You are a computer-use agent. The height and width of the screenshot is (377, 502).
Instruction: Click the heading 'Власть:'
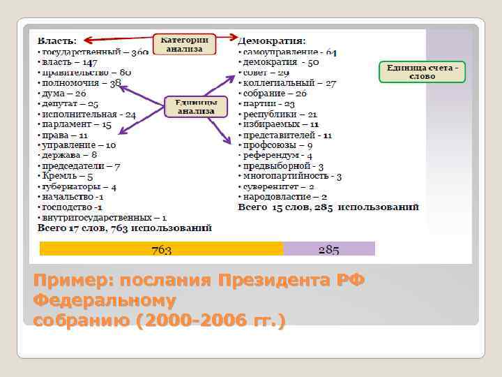coord(57,41)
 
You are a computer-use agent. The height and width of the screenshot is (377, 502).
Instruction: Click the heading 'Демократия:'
coord(272,41)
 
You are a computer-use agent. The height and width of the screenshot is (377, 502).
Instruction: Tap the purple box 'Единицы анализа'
coord(196,106)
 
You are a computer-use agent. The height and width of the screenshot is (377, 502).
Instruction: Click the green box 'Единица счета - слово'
coord(422,72)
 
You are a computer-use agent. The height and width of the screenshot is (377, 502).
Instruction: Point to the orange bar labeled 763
coord(162,249)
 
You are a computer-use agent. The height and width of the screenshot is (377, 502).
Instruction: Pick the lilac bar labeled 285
coord(329,249)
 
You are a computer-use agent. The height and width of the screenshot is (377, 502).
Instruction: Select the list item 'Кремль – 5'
coord(66,177)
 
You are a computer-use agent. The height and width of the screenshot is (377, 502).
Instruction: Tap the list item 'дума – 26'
coord(63,93)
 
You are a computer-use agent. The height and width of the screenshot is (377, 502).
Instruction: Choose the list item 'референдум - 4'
coord(276,156)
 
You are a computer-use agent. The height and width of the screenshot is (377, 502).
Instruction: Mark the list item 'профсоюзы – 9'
coord(276,145)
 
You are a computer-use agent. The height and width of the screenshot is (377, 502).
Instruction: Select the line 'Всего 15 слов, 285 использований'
coord(328,207)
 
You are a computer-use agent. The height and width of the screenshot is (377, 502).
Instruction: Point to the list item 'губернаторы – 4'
coord(78,187)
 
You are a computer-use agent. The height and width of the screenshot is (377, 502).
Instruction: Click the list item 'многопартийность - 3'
coord(290,177)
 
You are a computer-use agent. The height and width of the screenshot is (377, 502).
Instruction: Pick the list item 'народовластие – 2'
coord(283,197)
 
